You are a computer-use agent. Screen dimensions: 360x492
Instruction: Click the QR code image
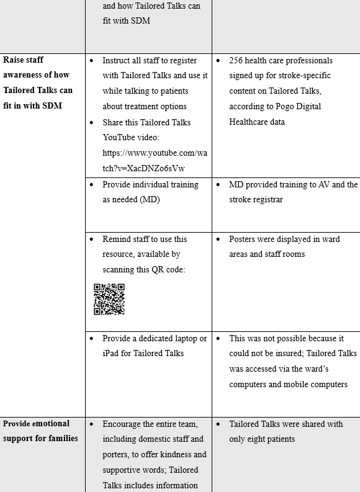pyautogui.click(x=109, y=299)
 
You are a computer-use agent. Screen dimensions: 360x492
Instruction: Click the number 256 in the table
pyautogui.click(x=236, y=60)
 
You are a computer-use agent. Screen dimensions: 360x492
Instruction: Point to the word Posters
pyautogui.click(x=243, y=239)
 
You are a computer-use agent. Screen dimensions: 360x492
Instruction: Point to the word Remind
pyautogui.click(x=118, y=239)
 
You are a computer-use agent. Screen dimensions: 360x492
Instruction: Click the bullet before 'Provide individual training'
pyautogui.click(x=92, y=185)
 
